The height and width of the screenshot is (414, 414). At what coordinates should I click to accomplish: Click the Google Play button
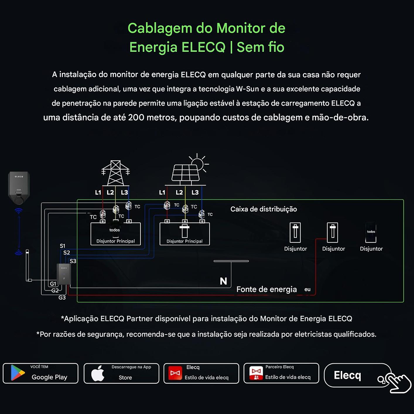(x=40, y=373)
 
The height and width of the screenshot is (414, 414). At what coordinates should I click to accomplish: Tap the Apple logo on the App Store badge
(x=98, y=373)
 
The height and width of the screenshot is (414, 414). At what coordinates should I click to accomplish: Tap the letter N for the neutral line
(x=223, y=281)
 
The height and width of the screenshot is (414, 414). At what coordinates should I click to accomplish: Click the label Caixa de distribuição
(x=264, y=209)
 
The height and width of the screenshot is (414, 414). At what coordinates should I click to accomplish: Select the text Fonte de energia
(x=267, y=289)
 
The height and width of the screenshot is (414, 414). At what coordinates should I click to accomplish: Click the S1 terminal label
(x=63, y=246)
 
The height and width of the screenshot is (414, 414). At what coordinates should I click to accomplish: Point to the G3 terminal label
(x=62, y=297)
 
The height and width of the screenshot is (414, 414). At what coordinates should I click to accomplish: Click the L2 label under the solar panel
(x=179, y=192)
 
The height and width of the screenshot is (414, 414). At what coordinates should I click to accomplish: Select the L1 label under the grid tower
(x=98, y=192)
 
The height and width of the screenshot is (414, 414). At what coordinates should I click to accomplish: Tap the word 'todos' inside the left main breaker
(x=114, y=230)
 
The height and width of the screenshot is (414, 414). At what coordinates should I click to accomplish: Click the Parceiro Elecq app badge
(x=281, y=373)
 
